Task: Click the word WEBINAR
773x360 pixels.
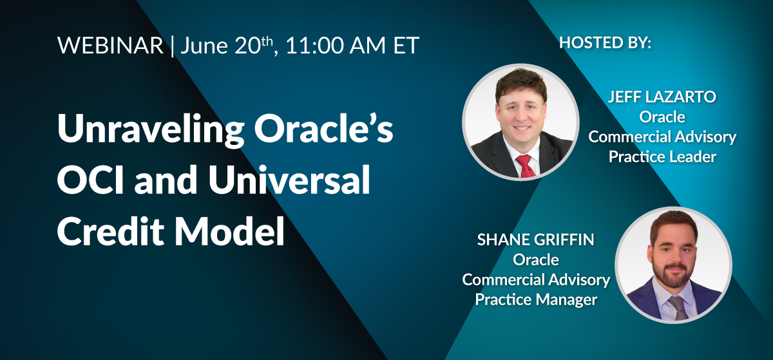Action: [x=110, y=46]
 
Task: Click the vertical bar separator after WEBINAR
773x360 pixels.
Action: [x=172, y=46]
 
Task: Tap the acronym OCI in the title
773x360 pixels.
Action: [x=91, y=182]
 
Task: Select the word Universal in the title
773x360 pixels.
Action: [x=286, y=182]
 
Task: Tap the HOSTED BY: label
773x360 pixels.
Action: [x=605, y=43]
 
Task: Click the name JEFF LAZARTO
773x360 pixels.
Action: [x=662, y=98]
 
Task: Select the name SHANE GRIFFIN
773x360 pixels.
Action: [x=535, y=240]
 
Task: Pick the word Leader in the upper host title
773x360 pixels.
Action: [x=691, y=156]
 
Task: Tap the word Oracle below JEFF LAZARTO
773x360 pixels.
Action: [x=662, y=117]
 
